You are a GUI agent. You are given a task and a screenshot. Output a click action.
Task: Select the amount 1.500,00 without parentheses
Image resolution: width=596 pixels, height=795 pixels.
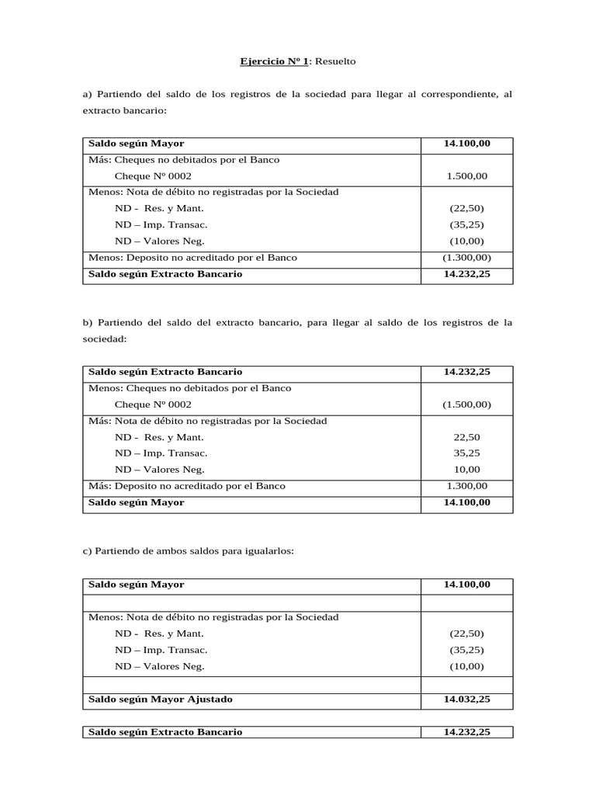tap(466, 176)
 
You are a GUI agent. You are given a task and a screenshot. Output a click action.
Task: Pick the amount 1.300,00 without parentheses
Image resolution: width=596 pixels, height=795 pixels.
tap(466, 486)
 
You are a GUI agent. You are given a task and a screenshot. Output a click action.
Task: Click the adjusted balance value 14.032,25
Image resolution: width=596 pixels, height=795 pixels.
tap(466, 700)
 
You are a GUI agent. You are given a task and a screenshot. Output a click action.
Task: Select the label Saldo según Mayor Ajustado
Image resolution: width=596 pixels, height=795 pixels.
tap(161, 700)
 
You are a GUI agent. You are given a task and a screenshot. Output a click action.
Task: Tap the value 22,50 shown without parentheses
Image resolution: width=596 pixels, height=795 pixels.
tap(466, 437)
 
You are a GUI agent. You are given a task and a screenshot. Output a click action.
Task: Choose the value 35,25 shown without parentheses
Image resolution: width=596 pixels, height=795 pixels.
tap(466, 453)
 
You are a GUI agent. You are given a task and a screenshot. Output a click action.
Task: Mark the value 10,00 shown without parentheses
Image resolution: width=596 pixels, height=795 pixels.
tap(466, 470)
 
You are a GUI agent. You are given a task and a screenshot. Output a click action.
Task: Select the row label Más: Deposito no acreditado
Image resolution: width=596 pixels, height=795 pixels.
tap(187, 486)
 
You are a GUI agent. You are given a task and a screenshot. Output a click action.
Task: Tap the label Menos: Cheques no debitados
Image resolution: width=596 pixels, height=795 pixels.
tap(190, 388)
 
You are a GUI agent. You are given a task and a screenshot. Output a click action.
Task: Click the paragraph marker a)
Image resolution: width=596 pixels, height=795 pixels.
tap(87, 94)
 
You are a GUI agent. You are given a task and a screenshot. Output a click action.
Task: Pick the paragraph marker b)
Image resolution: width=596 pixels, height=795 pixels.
tap(87, 322)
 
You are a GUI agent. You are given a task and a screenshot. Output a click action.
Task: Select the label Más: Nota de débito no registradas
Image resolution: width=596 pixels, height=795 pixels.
tap(208, 421)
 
